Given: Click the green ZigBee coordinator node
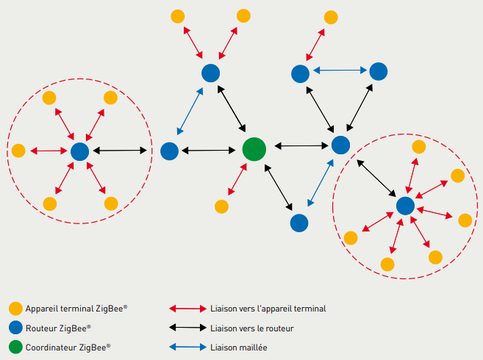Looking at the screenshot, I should click(x=254, y=149).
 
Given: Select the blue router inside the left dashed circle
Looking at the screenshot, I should click(x=79, y=151).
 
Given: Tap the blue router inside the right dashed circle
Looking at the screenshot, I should click(x=405, y=206).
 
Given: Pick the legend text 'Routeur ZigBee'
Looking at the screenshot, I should click(x=58, y=328).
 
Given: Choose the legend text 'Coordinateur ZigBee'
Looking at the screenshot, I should click(x=68, y=347).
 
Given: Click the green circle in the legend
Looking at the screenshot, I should click(x=15, y=347).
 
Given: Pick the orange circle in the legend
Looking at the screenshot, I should click(x=15, y=309).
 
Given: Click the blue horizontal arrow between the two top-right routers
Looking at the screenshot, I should click(x=339, y=71).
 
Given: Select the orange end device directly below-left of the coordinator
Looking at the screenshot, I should click(x=222, y=207).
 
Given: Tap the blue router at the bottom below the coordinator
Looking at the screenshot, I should click(x=298, y=222).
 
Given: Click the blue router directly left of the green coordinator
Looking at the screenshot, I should click(x=169, y=151).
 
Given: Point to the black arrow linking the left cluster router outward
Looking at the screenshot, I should click(x=121, y=151).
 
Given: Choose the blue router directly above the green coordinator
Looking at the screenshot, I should click(x=211, y=73).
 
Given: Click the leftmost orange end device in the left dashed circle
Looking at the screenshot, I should click(x=18, y=151).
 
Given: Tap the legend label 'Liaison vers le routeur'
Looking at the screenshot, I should click(x=251, y=328).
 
